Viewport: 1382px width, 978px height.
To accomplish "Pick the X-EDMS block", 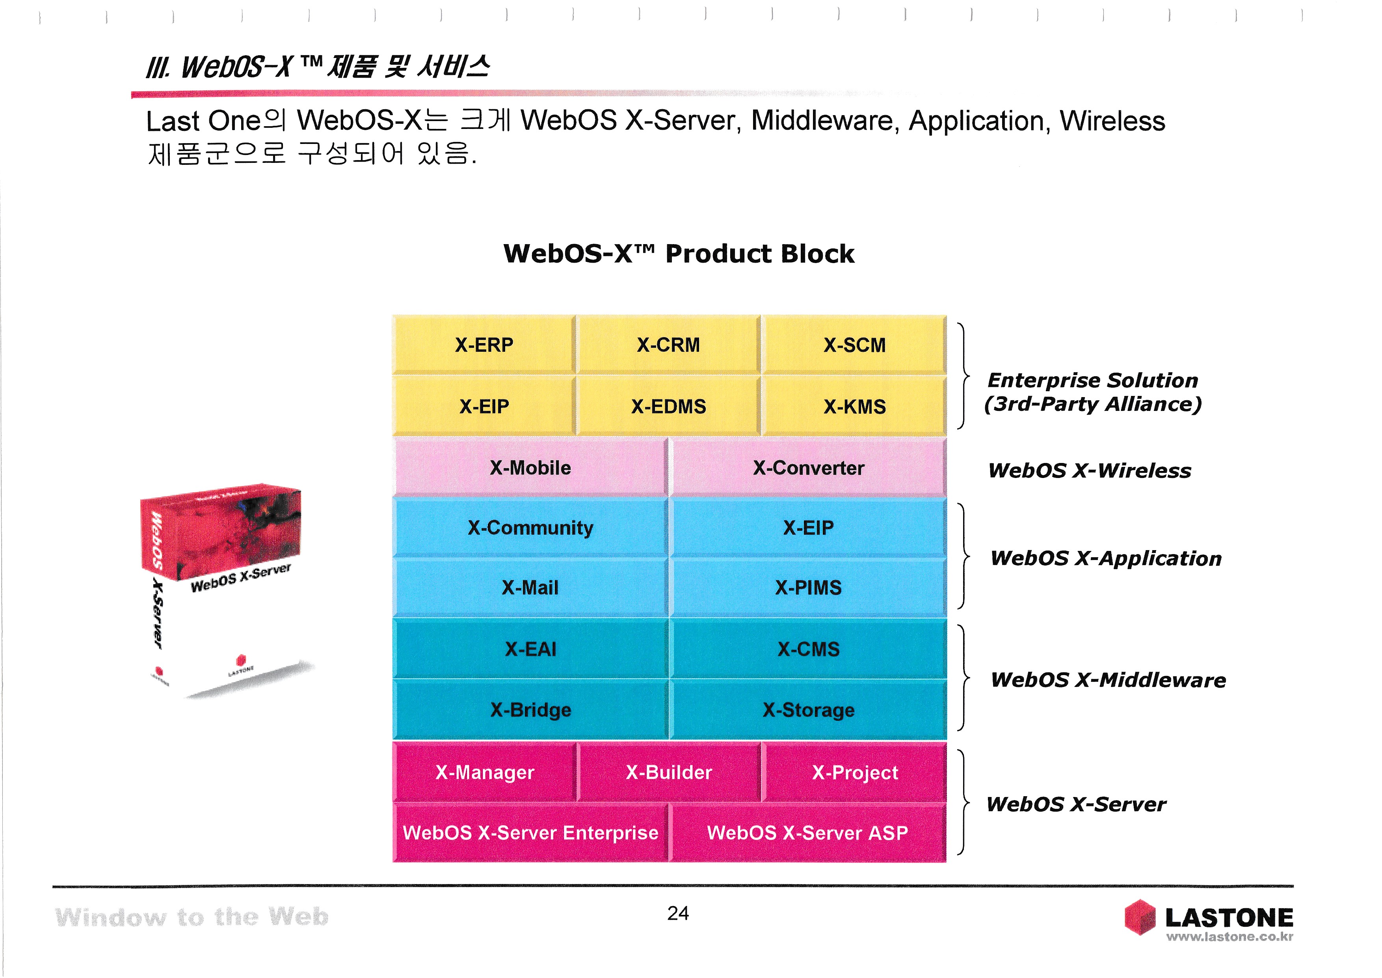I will click(668, 407).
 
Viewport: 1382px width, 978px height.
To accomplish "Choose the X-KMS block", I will click(854, 407).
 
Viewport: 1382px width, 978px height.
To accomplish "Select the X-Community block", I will click(530, 528).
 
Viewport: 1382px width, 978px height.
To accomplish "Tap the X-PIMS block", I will click(808, 587).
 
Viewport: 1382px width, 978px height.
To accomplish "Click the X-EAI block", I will click(530, 649).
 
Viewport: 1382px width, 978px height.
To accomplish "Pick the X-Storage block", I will click(808, 709).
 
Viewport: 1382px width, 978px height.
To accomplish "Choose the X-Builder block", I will click(668, 772).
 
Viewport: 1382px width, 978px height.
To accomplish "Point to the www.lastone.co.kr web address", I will click(1229, 937).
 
